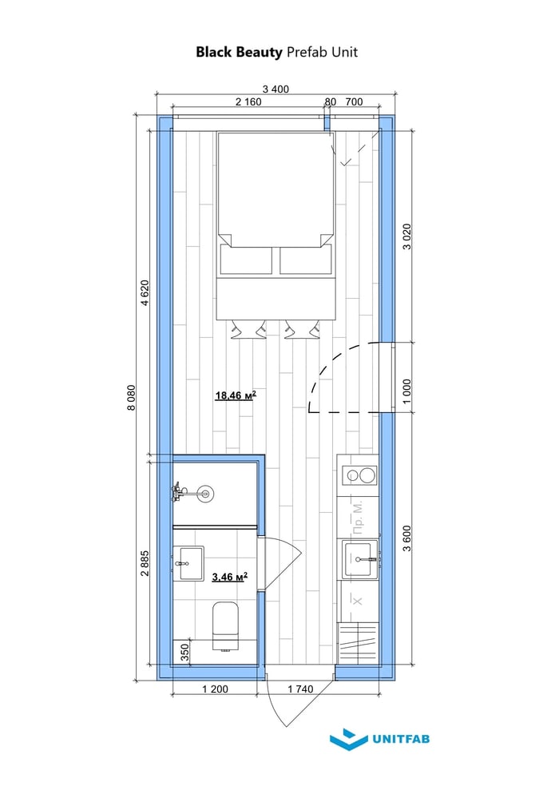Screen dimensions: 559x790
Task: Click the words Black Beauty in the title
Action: [x=240, y=53]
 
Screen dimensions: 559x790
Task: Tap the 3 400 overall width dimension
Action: [x=276, y=89]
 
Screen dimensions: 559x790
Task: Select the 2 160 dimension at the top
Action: [x=248, y=101]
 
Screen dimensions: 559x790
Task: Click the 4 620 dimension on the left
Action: [x=145, y=293]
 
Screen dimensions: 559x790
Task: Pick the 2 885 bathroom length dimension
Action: [x=145, y=563]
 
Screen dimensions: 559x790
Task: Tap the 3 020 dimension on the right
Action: [x=407, y=236]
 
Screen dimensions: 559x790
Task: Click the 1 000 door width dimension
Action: [x=407, y=391]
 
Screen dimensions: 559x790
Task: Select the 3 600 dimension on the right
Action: [x=407, y=538]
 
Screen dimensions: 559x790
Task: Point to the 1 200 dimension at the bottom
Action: [x=215, y=689]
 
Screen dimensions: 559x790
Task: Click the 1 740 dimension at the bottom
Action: [x=300, y=689]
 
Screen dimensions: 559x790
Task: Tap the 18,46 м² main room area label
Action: [x=236, y=395]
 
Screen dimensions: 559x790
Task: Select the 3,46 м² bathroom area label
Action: [x=230, y=577]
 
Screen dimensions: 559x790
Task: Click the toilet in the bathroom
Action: [x=225, y=625]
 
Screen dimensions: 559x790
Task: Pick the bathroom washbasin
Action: [x=188, y=563]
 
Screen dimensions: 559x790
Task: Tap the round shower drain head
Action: [x=205, y=493]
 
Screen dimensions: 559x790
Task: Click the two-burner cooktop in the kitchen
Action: [x=359, y=475]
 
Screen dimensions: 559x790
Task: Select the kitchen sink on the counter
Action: [x=360, y=559]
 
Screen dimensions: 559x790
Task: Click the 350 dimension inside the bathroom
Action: [x=184, y=652]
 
